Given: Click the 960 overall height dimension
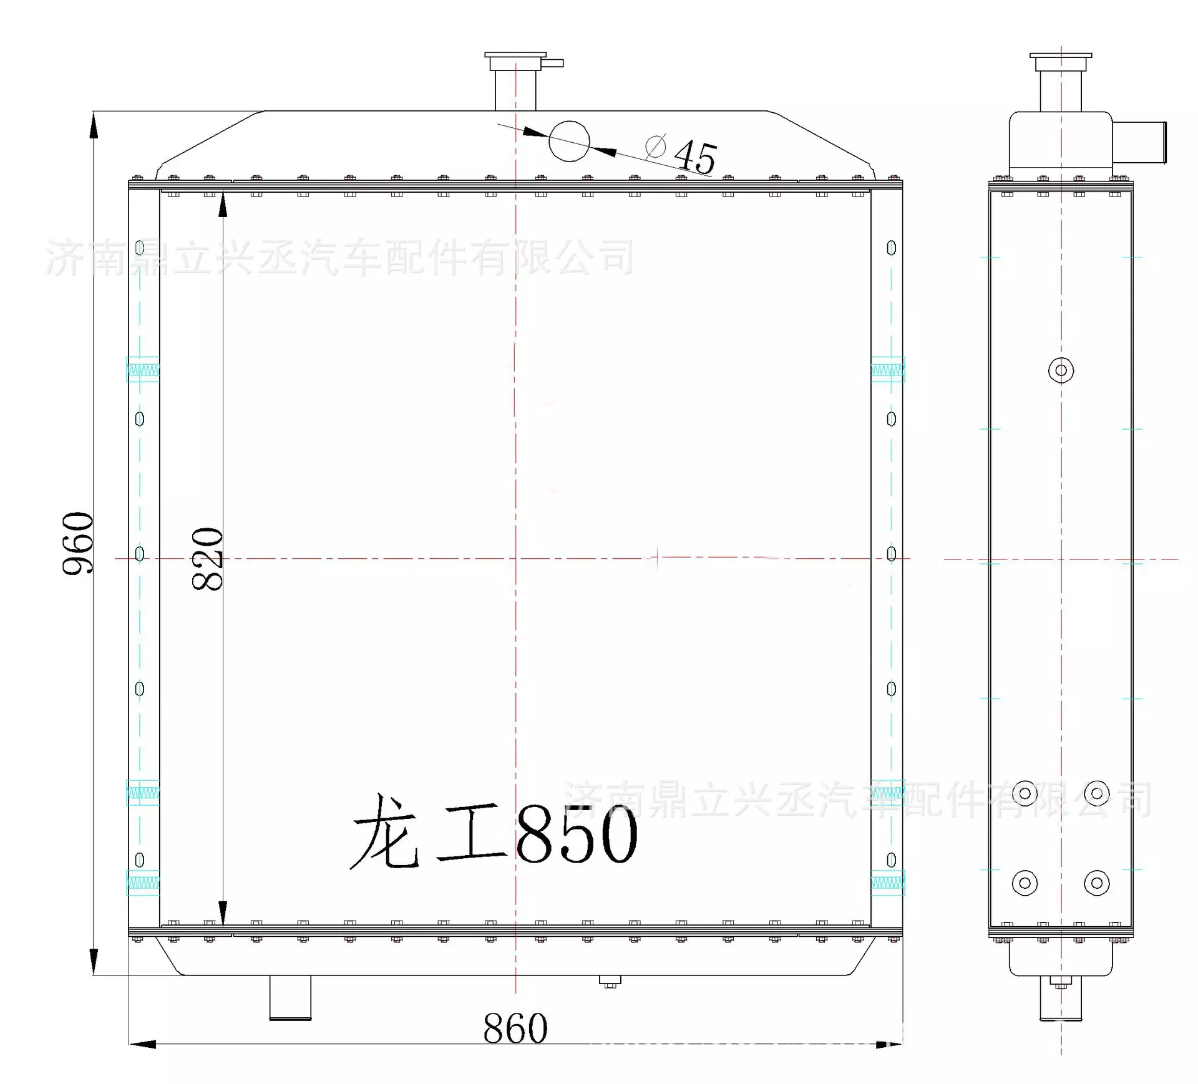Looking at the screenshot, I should click(x=79, y=543).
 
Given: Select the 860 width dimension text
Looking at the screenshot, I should click(x=515, y=1028).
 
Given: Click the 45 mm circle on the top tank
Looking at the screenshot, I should click(x=569, y=142).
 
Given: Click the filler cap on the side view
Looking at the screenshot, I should click(x=1061, y=63).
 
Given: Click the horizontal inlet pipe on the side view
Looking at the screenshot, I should click(x=1139, y=143).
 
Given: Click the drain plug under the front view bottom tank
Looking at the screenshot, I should click(x=610, y=982).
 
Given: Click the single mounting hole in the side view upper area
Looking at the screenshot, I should click(x=1061, y=370).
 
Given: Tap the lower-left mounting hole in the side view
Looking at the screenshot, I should click(x=1025, y=883).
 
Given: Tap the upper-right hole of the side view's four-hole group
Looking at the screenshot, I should click(x=1096, y=793).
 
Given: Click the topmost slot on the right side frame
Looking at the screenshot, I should click(x=891, y=248).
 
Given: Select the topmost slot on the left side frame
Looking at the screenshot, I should click(x=140, y=248).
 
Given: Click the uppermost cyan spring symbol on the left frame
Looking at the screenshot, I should click(x=143, y=369).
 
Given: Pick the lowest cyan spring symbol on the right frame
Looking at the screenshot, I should click(x=887, y=883).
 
